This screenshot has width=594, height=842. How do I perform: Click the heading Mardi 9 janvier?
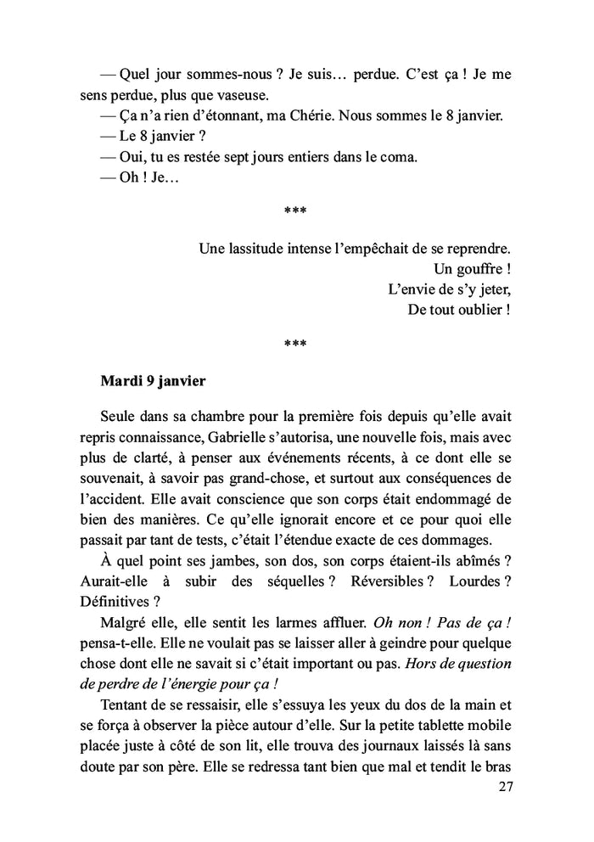pos(153,381)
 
